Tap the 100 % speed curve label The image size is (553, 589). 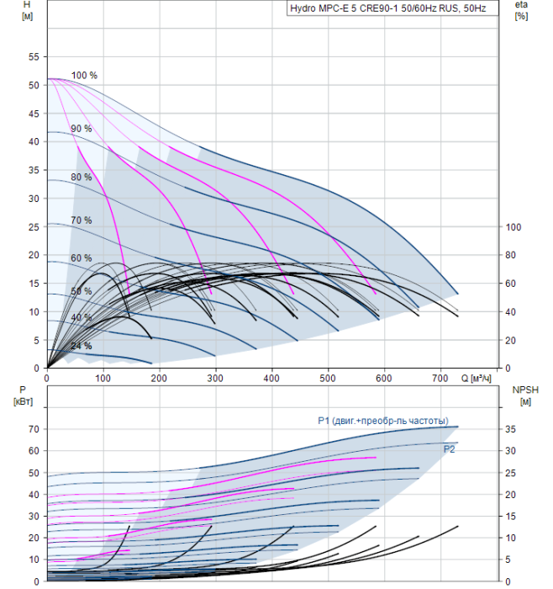[x=84, y=76]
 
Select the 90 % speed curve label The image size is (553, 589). [x=82, y=129]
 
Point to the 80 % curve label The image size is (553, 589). [x=82, y=178]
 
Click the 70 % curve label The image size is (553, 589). [x=82, y=220]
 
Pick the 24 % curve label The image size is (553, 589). [x=82, y=346]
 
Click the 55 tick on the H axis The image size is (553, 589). [x=34, y=57]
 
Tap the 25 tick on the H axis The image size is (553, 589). [x=34, y=227]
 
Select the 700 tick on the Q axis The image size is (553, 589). [x=440, y=379]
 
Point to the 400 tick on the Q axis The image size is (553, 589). [x=271, y=379]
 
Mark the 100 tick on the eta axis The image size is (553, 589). [x=514, y=227]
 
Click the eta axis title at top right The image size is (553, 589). [x=521, y=10]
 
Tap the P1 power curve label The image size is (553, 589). [x=382, y=421]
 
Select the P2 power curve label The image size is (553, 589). [x=450, y=449]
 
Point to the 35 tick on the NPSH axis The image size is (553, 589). [x=514, y=429]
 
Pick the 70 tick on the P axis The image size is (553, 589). [x=34, y=429]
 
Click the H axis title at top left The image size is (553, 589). [x=27, y=10]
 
